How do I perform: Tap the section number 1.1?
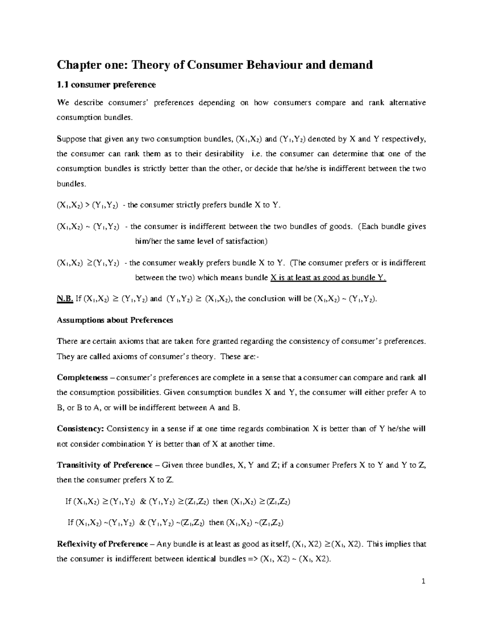pyautogui.click(x=62, y=85)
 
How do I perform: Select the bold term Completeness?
pyautogui.click(x=82, y=377)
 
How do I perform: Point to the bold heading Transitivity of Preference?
pyautogui.click(x=105, y=465)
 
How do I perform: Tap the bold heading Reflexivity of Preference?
pyautogui.click(x=102, y=544)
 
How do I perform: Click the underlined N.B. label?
pyautogui.click(x=65, y=299)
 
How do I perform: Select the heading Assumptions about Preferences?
pyautogui.click(x=115, y=320)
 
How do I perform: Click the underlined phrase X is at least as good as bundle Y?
pyautogui.click(x=328, y=278)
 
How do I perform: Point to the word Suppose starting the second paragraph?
pyautogui.click(x=71, y=139)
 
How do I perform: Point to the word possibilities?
pyautogui.click(x=137, y=392)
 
